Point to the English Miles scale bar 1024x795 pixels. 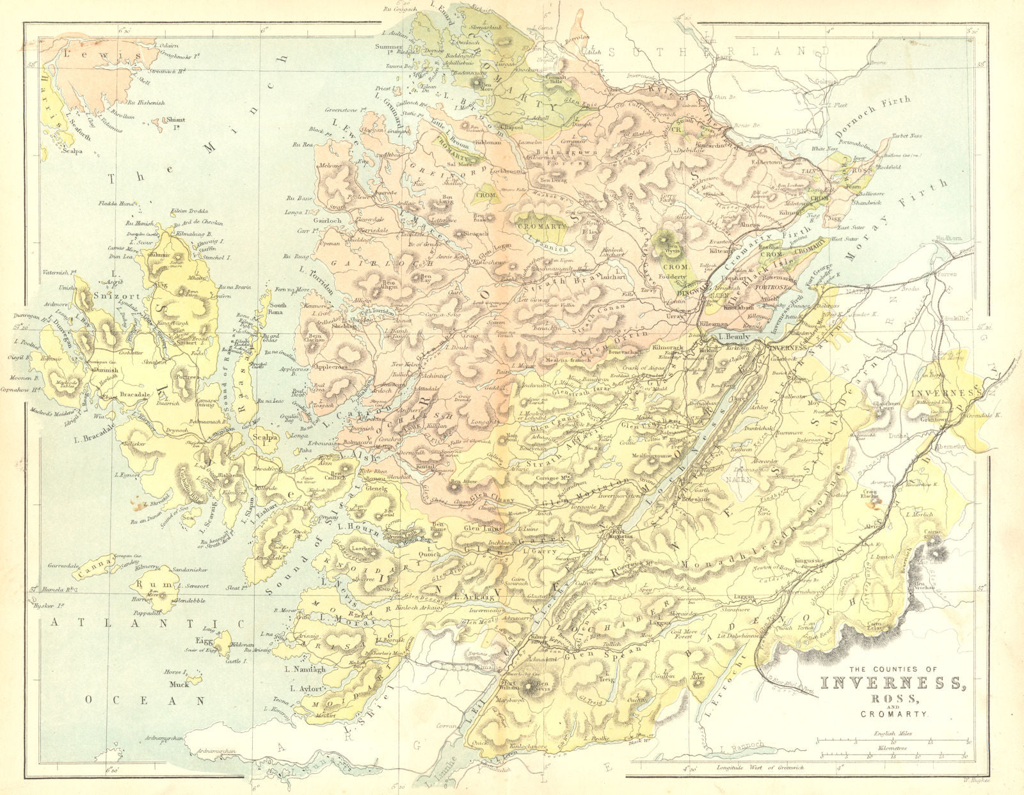point(893,741)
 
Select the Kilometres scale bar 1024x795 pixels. point(893,752)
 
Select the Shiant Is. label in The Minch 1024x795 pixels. point(176,120)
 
